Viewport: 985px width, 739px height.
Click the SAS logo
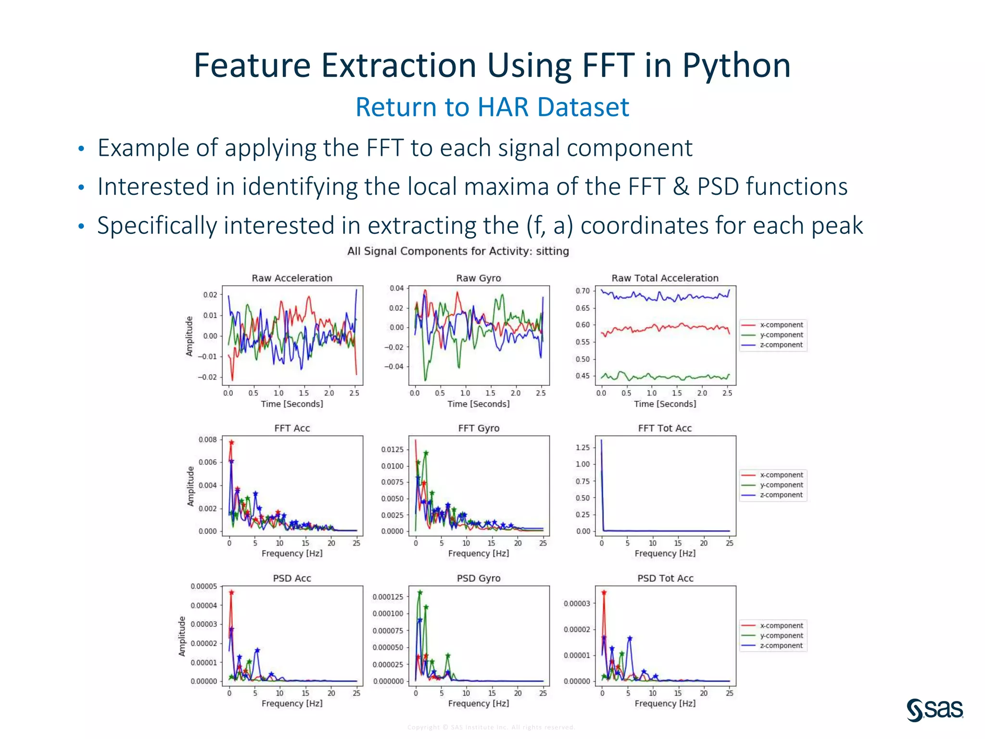coord(934,710)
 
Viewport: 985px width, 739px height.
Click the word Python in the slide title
coord(736,65)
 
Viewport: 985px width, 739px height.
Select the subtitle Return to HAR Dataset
coord(492,107)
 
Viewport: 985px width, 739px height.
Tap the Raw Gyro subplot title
coord(479,278)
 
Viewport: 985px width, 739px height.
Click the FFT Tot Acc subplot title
coord(665,428)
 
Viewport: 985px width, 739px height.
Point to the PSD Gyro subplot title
coord(479,578)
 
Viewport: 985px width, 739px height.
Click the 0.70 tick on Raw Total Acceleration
coord(582,291)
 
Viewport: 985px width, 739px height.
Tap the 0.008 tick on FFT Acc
coord(208,440)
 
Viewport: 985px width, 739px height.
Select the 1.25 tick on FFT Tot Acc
coord(582,448)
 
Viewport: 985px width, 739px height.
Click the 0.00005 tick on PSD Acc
coord(204,586)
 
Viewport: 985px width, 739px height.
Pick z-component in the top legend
coord(781,345)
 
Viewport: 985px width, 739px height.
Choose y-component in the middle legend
coord(781,485)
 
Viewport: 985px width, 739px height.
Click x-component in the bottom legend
coord(781,625)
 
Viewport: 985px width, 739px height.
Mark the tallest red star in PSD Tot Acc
coord(604,593)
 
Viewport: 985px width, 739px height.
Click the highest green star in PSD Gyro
coord(420,593)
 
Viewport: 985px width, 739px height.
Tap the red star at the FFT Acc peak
coord(231,442)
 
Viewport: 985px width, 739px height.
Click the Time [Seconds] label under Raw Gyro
coord(479,404)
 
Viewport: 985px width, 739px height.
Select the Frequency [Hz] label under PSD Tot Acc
coord(665,703)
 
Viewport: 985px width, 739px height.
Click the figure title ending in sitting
coord(458,251)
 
